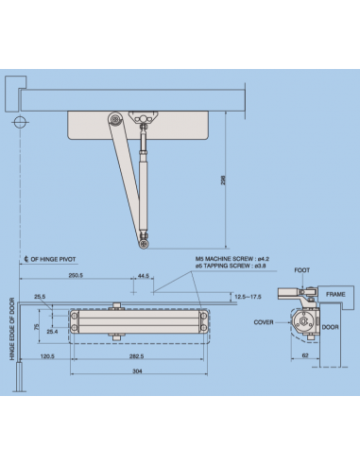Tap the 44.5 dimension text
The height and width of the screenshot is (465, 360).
144,276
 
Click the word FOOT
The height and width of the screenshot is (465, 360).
301,270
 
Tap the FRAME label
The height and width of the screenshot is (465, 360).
336,294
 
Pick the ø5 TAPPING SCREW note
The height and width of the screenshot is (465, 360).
227,266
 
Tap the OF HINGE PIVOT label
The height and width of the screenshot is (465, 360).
56,258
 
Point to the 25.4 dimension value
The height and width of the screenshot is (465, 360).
53,332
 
